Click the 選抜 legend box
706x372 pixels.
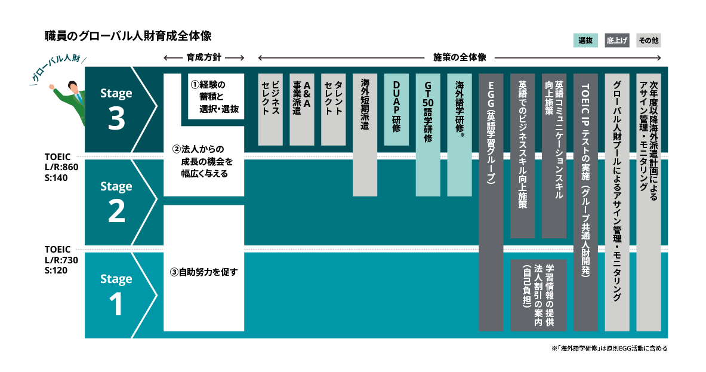coord(585,41)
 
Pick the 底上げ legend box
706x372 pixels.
coord(617,41)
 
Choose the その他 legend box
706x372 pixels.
coord(648,41)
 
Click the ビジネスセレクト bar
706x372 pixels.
coord(270,109)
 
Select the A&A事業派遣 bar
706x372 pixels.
coord(302,109)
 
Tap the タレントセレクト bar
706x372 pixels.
coord(334,109)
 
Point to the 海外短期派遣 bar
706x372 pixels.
coord(365,135)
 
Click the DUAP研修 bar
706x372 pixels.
coord(396,109)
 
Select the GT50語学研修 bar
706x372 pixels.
coord(428,135)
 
